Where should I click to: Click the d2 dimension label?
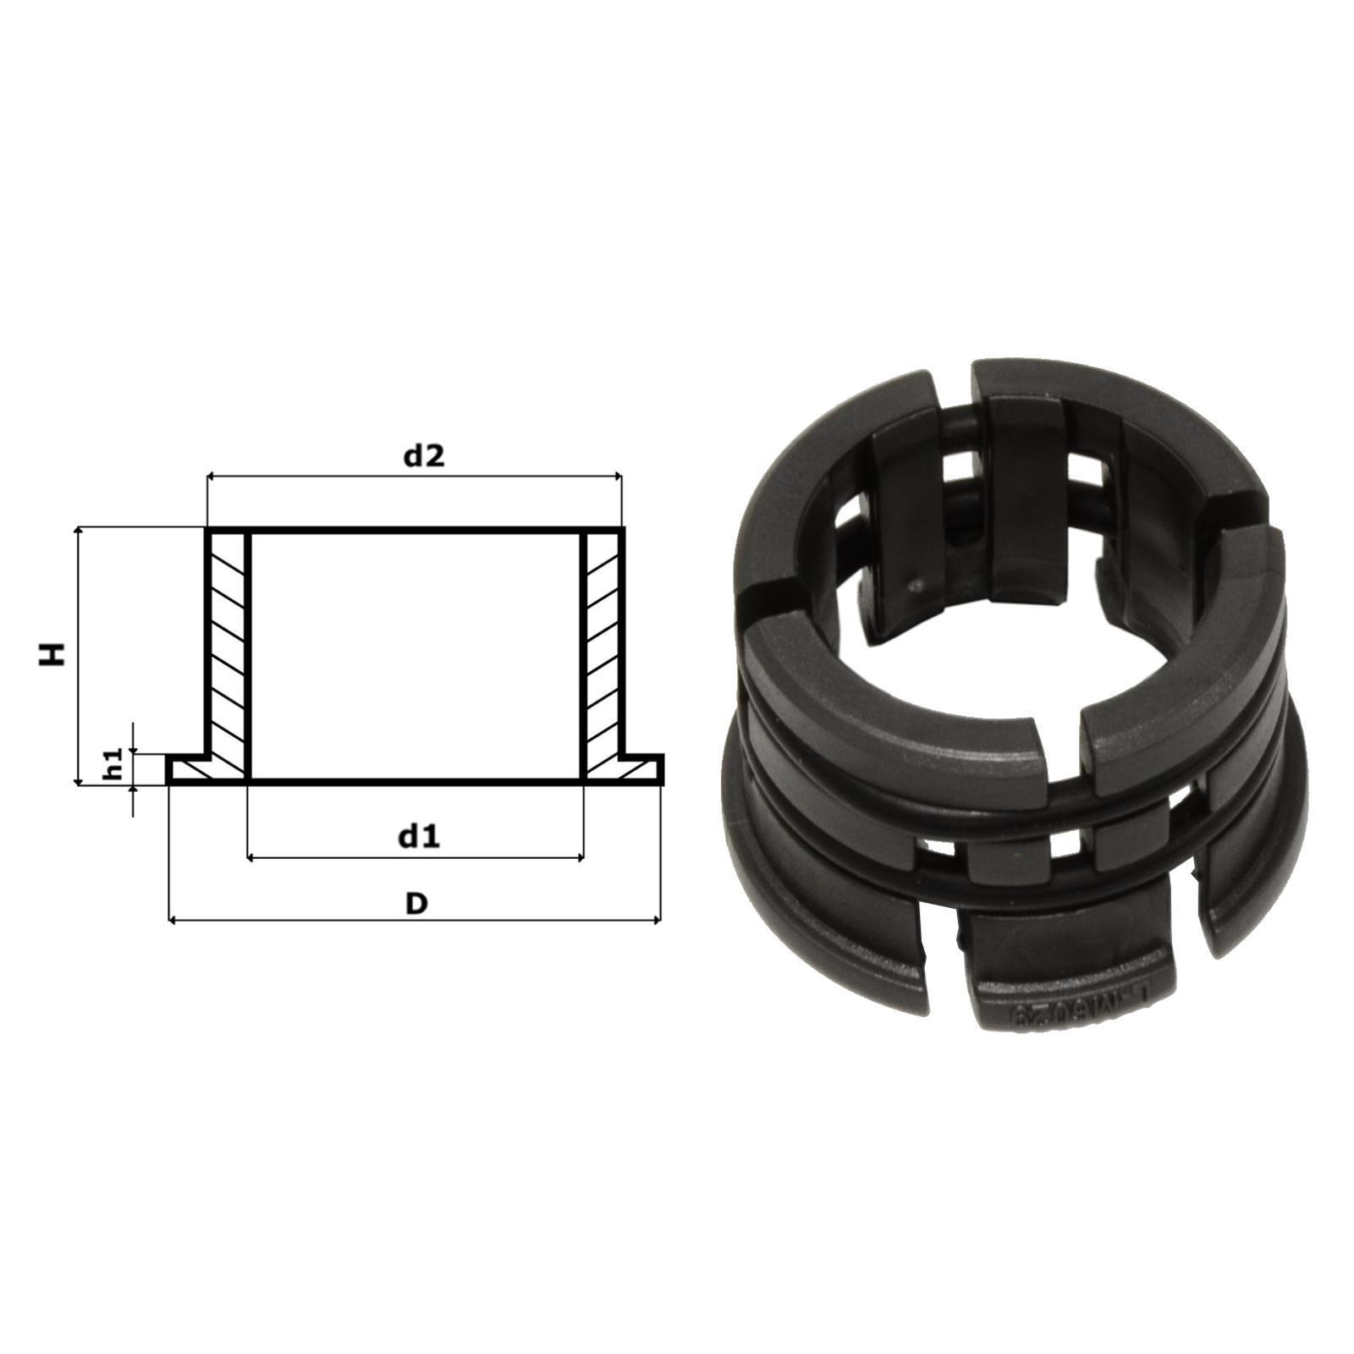tap(423, 456)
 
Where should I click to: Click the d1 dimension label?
tap(419, 837)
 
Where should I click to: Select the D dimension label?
tap(416, 903)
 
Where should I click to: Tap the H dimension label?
tap(53, 654)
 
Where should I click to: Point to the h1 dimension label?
tap(117, 763)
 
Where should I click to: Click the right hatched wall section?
tap(603, 652)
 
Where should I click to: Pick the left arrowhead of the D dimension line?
tap(173, 920)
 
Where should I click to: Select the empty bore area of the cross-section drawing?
tap(415, 652)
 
